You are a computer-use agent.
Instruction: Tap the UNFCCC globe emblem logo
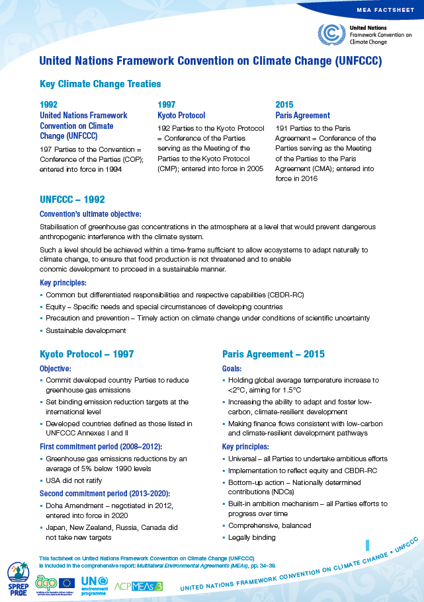(x=331, y=34)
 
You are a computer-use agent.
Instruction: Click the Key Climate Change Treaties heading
(x=100, y=84)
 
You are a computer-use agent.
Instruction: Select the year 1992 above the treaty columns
(x=48, y=104)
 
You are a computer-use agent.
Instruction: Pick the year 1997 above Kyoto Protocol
(x=166, y=104)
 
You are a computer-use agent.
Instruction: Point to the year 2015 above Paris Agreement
(x=284, y=104)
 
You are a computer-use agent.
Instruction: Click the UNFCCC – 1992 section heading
(x=72, y=199)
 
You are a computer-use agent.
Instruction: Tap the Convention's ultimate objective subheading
(x=90, y=214)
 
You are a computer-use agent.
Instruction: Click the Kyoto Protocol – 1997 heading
(x=87, y=354)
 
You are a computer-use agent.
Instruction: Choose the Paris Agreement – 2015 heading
(x=273, y=354)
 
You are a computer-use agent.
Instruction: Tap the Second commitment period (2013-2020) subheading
(x=105, y=493)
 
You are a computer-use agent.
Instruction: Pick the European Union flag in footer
(x=67, y=582)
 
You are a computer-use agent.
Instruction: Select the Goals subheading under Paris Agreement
(x=232, y=368)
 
